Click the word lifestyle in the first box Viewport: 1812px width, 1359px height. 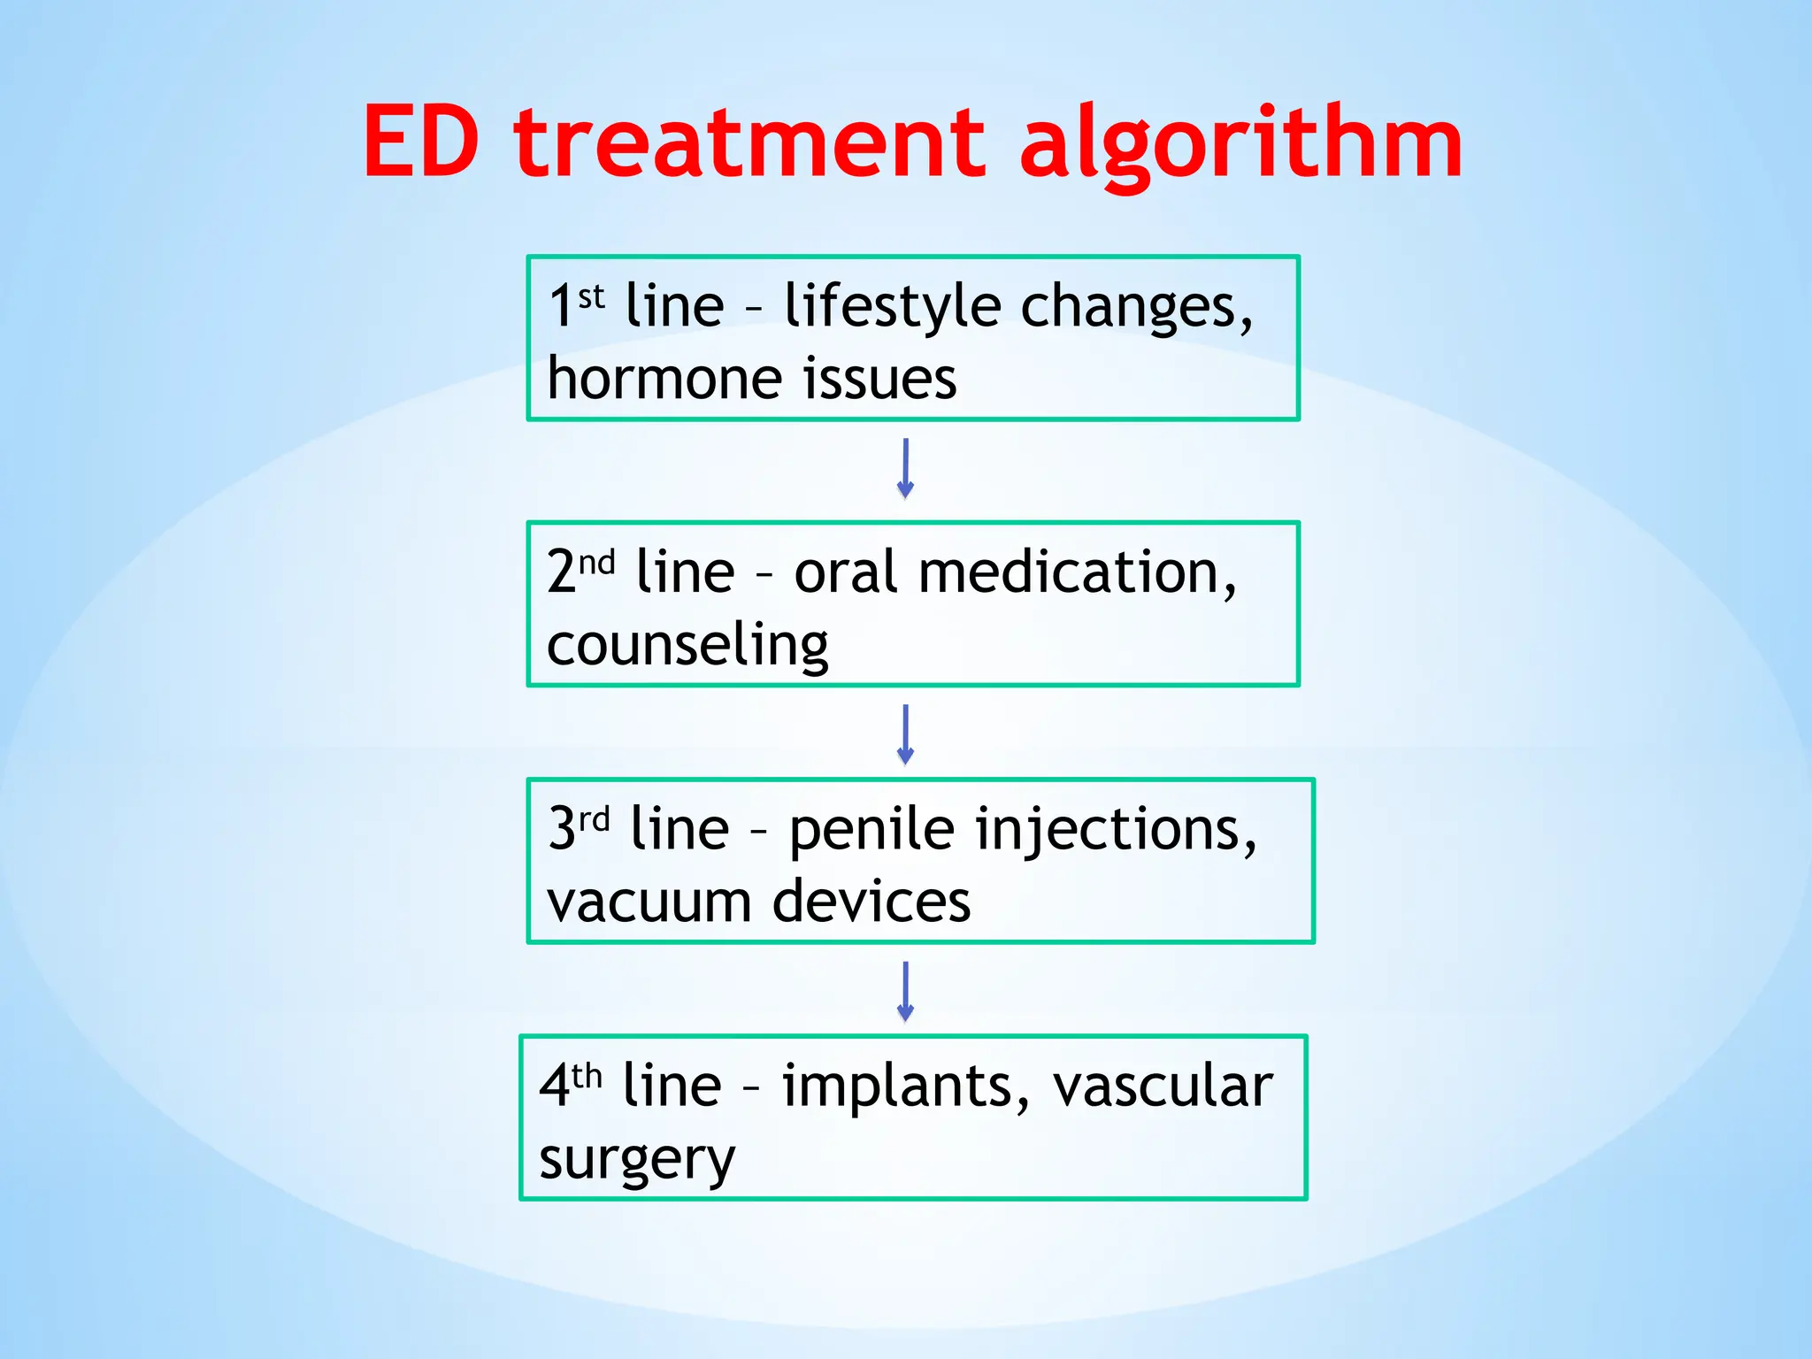(893, 308)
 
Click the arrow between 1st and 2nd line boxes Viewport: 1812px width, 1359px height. (905, 469)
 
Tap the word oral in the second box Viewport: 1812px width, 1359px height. (847, 572)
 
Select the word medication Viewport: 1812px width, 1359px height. (1076, 572)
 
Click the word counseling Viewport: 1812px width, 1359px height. (687, 646)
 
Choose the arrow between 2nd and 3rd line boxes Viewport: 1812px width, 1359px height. (905, 734)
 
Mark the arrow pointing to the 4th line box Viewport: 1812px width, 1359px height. (905, 992)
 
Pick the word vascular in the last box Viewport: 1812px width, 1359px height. (1163, 1088)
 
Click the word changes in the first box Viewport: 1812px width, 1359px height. (1136, 308)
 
